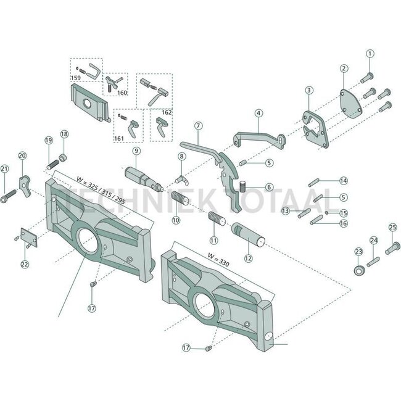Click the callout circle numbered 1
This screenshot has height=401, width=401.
370,54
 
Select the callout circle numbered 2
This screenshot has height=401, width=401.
344,69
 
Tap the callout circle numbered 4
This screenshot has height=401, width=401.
258,113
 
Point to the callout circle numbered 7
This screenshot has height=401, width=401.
198,126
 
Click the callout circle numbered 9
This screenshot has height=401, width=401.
136,150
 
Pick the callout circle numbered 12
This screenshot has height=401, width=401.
249,258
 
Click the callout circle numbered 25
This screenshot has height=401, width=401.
392,228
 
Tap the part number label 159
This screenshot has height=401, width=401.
76,78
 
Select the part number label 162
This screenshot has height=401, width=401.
166,113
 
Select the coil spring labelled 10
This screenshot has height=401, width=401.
180,200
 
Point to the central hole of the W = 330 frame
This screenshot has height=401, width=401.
202,302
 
